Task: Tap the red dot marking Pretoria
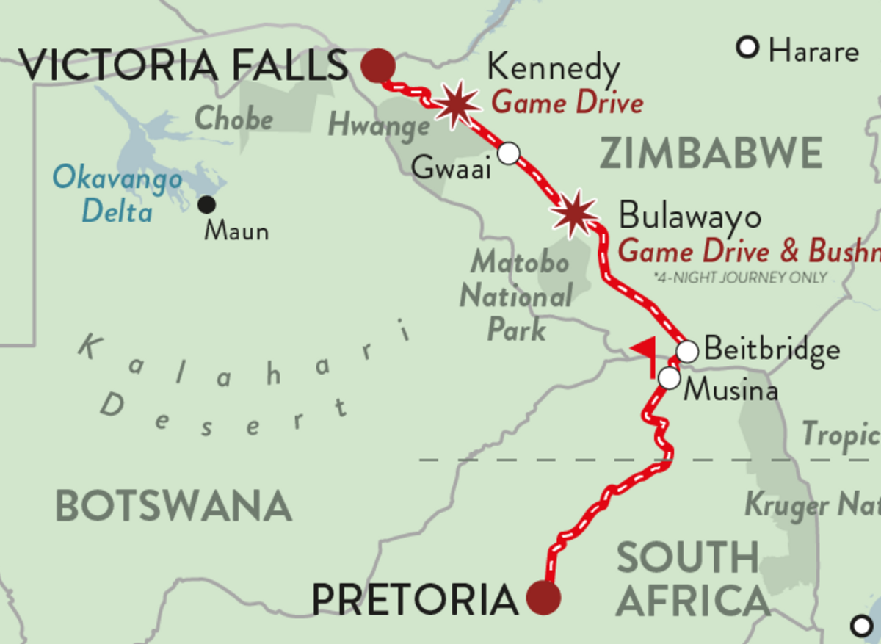[543, 598]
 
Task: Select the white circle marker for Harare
[747, 49]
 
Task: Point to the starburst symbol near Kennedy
[458, 105]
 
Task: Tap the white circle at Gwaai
[508, 153]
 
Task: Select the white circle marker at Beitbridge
[686, 351]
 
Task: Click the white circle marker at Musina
[669, 378]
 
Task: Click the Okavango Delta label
[117, 195]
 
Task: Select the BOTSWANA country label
[173, 507]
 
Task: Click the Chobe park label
[234, 119]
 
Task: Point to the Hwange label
[378, 126]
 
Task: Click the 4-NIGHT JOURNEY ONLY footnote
[739, 278]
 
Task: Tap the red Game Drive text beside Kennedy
[567, 102]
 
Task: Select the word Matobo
[520, 262]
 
